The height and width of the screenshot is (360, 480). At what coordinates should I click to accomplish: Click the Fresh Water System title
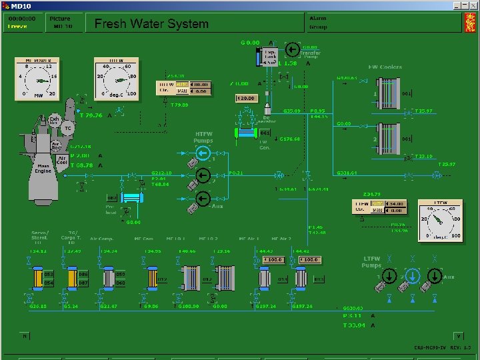coord(151,23)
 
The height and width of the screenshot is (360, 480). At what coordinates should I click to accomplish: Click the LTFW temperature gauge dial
coord(440,221)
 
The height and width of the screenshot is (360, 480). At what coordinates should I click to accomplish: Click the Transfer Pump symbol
coord(292,49)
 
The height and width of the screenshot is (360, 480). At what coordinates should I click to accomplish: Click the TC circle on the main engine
coord(67,127)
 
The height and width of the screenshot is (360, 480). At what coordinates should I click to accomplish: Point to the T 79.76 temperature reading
coord(91,115)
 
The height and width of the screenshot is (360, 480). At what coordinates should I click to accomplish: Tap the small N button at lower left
coord(25,336)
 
